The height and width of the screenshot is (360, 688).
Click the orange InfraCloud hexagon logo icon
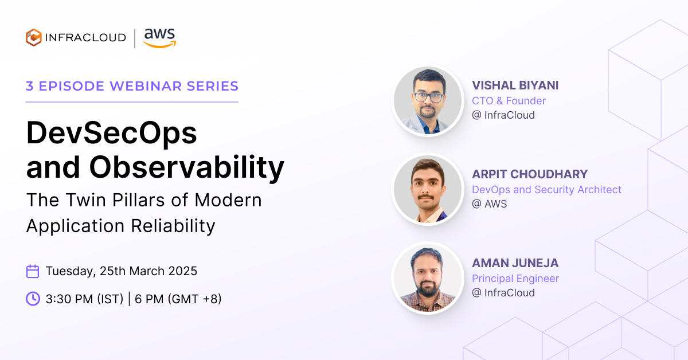point(33,37)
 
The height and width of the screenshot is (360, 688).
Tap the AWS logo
point(160,38)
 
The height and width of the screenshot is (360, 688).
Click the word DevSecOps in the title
point(111,133)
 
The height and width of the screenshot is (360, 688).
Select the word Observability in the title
point(187,168)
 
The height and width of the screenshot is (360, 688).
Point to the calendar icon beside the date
point(33,271)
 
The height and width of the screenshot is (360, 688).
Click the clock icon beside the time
point(33,299)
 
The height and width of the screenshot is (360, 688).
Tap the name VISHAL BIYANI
point(515,85)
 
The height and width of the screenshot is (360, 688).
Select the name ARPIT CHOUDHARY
point(530,174)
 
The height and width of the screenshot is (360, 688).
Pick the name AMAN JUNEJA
point(515,263)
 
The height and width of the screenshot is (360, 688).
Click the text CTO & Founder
point(509,101)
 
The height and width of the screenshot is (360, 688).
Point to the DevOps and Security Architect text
point(546,190)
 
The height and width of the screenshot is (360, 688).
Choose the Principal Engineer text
point(515,279)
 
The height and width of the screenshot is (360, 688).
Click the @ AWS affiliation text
point(489,204)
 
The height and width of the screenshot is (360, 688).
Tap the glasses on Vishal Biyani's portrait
point(429,97)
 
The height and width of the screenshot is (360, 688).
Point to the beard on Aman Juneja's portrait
point(427,288)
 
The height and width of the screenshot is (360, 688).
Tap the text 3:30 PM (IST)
point(84,299)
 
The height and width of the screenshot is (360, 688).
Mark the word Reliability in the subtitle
point(173,226)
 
